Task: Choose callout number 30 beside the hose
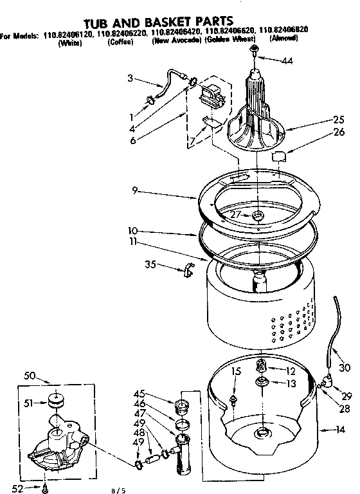[345, 368]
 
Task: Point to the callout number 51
[30, 404]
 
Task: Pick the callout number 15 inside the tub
[235, 371]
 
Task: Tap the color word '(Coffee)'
[121, 43]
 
